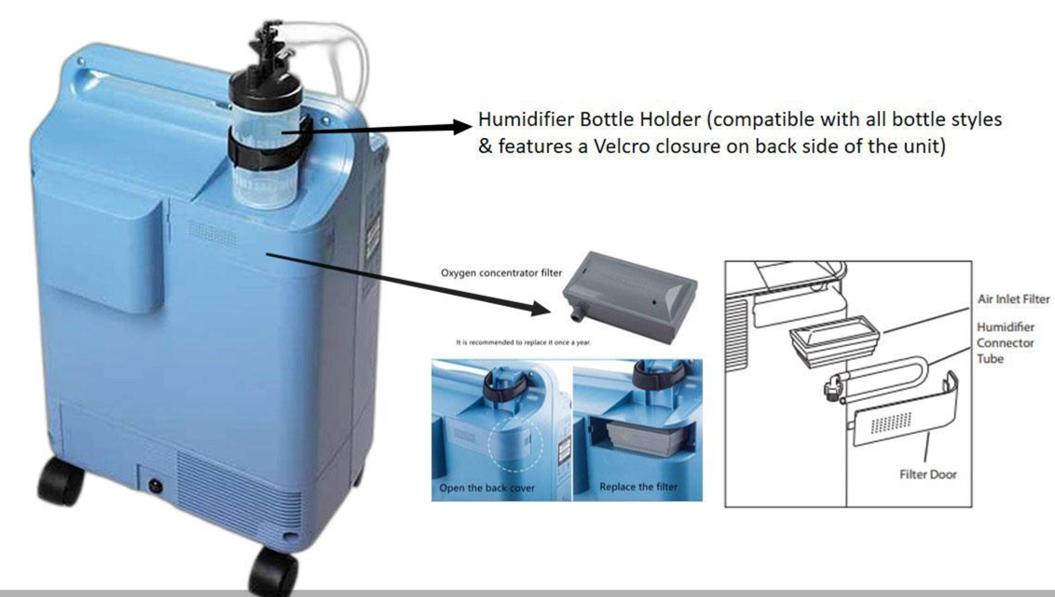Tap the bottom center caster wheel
point(273,570)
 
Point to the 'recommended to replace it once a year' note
point(525,342)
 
